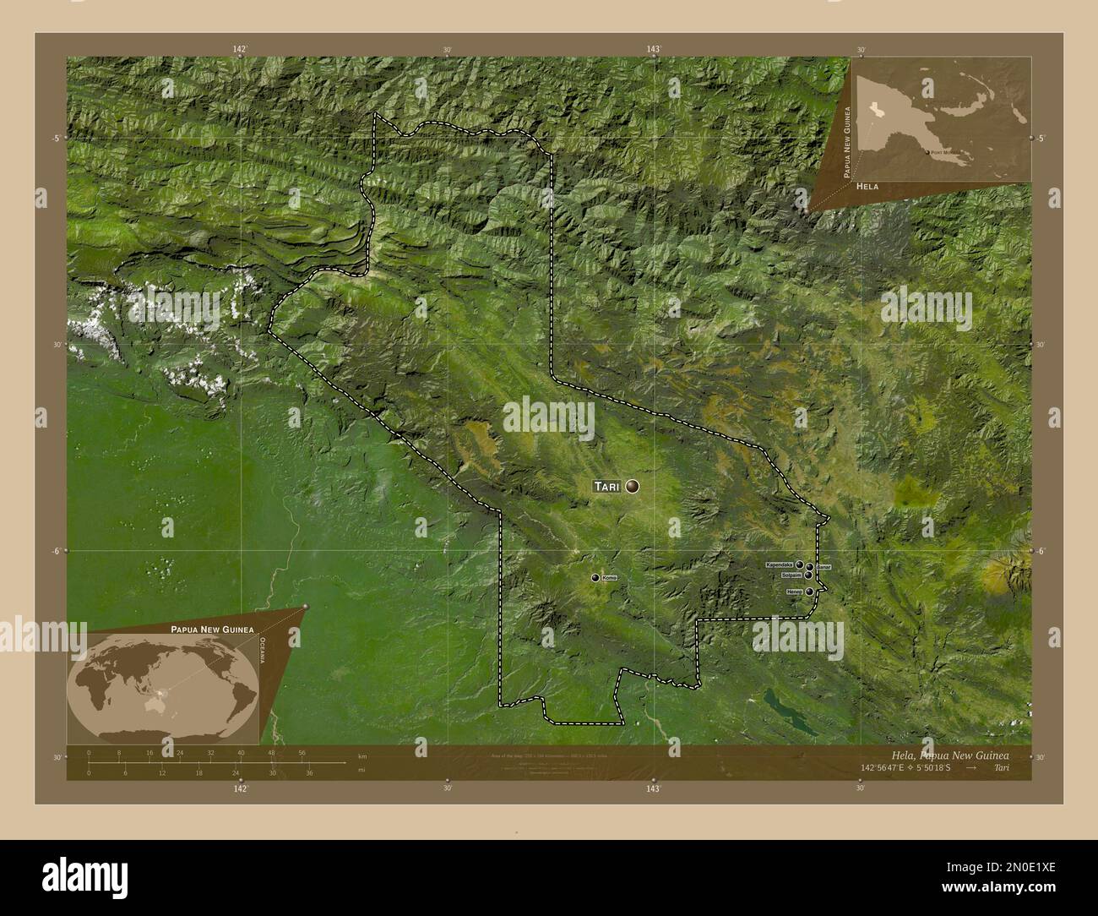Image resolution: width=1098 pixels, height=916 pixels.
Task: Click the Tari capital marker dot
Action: [633, 486]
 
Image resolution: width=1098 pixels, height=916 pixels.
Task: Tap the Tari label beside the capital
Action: [607, 487]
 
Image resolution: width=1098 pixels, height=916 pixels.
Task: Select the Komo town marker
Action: [595, 577]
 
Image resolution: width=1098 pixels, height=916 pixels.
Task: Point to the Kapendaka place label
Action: [779, 564]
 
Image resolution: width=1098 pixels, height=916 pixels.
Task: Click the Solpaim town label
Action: [791, 575]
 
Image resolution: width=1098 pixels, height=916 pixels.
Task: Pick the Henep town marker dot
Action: [810, 592]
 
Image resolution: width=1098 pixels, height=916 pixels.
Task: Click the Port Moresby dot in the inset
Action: [927, 153]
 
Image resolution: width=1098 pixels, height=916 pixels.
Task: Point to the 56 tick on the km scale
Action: [302, 753]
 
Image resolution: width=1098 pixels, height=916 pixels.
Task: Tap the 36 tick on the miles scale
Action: [309, 772]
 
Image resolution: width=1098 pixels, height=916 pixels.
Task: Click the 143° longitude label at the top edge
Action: [653, 50]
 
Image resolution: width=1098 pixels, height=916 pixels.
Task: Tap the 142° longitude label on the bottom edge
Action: [241, 788]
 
